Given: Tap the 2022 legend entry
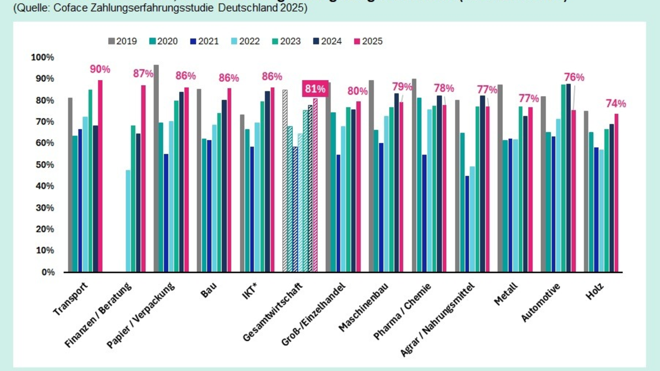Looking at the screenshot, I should [245, 41].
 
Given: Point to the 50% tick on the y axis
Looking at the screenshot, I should [43, 165].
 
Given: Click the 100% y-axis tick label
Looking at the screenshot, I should [42, 57].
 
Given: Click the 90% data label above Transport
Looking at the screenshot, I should [100, 69].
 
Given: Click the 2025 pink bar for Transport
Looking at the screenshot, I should [100, 176].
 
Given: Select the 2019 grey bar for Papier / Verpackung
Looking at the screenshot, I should [156, 168].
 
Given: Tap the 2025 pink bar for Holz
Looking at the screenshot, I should [617, 192].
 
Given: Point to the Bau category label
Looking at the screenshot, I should [208, 290].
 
